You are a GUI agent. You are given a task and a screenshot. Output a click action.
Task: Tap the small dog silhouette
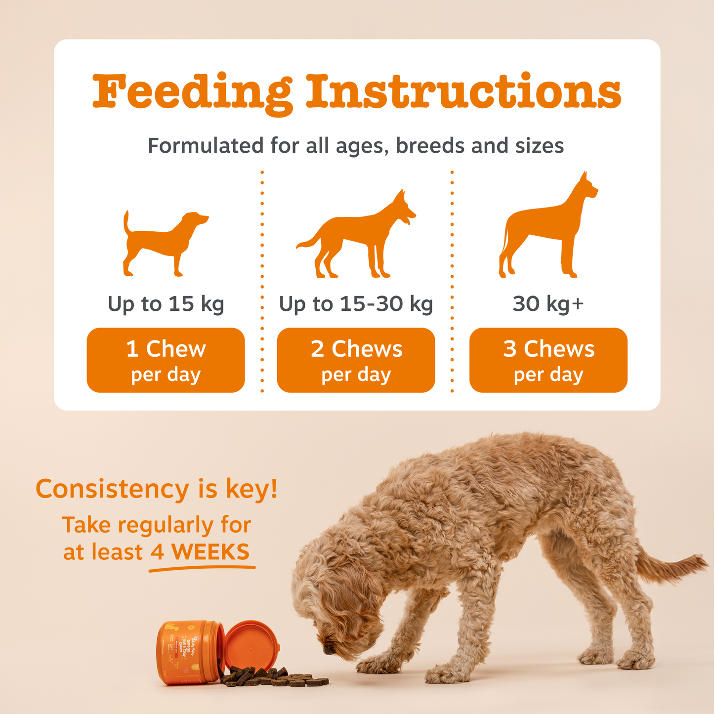pyautogui.click(x=163, y=242)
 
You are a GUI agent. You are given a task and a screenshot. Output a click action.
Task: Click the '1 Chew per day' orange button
pyautogui.click(x=166, y=360)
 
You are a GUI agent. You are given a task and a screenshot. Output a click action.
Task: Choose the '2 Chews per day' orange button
pyautogui.click(x=356, y=360)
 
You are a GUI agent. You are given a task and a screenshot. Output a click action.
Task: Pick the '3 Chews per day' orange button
pyautogui.click(x=548, y=360)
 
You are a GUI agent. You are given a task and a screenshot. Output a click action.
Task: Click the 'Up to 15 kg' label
pyautogui.click(x=166, y=304)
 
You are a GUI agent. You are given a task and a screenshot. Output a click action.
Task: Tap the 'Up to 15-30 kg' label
pyautogui.click(x=356, y=304)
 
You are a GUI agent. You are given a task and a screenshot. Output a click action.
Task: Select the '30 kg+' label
pyautogui.click(x=548, y=304)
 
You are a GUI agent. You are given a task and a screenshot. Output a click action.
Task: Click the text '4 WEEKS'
pyautogui.click(x=200, y=552)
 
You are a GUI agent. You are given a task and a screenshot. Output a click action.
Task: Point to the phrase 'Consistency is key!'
pyautogui.click(x=157, y=489)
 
